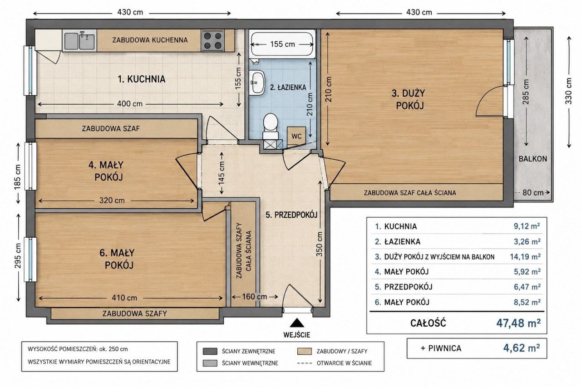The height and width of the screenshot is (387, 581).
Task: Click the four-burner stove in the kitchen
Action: click(x=213, y=40)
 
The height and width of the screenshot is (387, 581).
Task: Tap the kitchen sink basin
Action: click(x=79, y=40)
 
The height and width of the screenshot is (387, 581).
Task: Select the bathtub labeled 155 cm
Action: click(x=282, y=44)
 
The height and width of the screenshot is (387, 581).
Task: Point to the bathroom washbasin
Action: click(x=257, y=83)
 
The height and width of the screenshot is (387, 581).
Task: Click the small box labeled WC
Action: click(x=296, y=136)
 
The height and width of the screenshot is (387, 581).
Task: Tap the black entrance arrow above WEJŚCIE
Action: click(x=297, y=323)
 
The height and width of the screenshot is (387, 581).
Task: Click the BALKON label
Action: click(x=533, y=159)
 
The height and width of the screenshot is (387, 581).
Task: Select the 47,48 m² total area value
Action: click(x=518, y=323)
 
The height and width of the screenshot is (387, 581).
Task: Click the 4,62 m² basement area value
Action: click(x=522, y=348)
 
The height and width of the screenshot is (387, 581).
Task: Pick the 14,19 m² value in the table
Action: click(x=525, y=257)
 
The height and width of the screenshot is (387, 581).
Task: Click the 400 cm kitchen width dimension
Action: click(x=130, y=104)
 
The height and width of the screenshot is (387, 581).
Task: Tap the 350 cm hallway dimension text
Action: click(x=320, y=244)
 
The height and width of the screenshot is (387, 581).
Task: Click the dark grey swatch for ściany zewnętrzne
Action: click(x=210, y=351)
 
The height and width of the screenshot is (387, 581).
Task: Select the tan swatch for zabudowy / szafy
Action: click(x=305, y=351)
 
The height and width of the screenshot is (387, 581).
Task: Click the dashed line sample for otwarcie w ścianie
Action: click(x=305, y=363)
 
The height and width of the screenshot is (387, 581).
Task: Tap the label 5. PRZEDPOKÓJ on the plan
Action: click(x=291, y=215)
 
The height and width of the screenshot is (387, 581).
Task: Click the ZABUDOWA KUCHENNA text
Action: click(x=150, y=40)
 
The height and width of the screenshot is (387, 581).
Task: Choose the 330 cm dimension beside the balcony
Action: click(x=569, y=91)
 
